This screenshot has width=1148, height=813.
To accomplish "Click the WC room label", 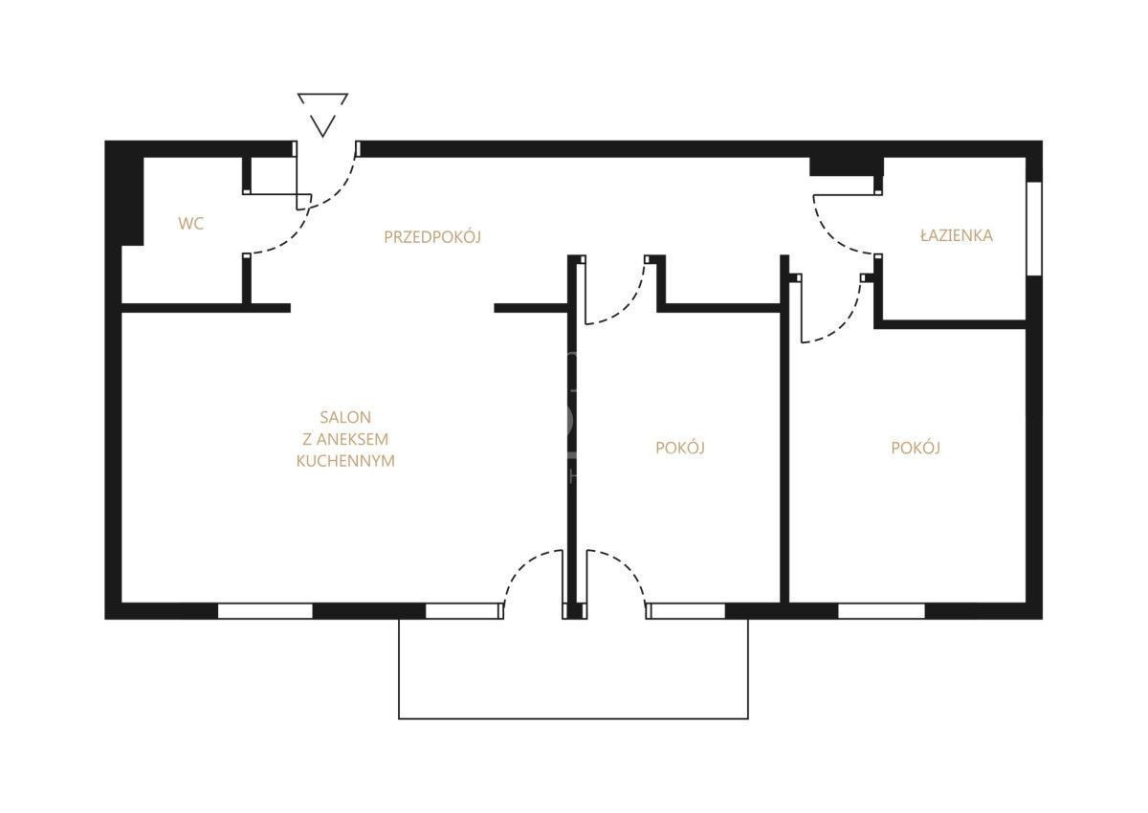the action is click(190, 224).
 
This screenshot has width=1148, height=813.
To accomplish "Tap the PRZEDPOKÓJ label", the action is click(432, 236).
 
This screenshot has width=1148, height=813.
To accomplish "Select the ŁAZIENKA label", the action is click(957, 235).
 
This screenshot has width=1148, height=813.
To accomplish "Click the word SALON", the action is click(345, 417).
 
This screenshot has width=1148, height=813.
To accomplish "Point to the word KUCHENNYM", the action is click(345, 461).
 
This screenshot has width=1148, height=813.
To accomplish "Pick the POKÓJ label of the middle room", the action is click(680, 448).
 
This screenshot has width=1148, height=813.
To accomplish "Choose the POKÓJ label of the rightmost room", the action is click(916, 448).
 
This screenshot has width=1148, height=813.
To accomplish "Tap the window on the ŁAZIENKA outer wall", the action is click(1035, 229).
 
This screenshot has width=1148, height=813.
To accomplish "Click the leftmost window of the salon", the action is click(265, 610).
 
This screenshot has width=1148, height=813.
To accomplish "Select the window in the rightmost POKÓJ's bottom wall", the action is click(881, 610).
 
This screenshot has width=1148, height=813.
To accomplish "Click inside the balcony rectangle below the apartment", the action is click(573, 669).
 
